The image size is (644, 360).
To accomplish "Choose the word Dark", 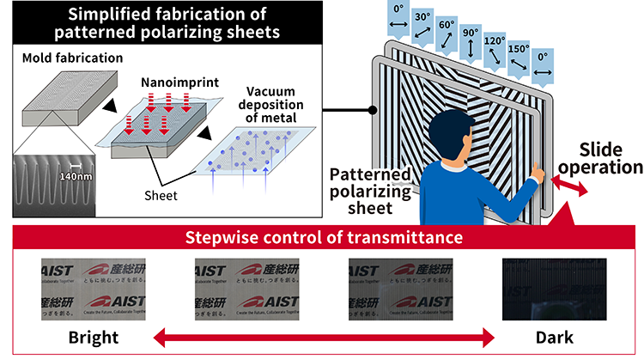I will point(549,334).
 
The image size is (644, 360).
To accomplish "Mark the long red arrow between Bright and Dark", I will point(323,336).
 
